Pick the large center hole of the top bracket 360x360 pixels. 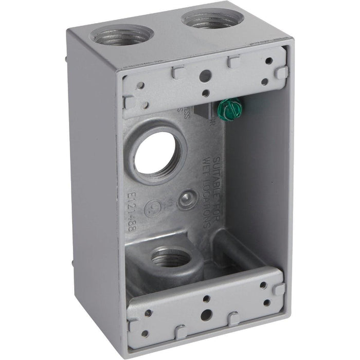[205, 75]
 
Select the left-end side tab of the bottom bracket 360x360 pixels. [133, 324]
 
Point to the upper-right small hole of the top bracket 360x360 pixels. [268, 61]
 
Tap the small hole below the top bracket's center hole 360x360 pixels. [205, 93]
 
